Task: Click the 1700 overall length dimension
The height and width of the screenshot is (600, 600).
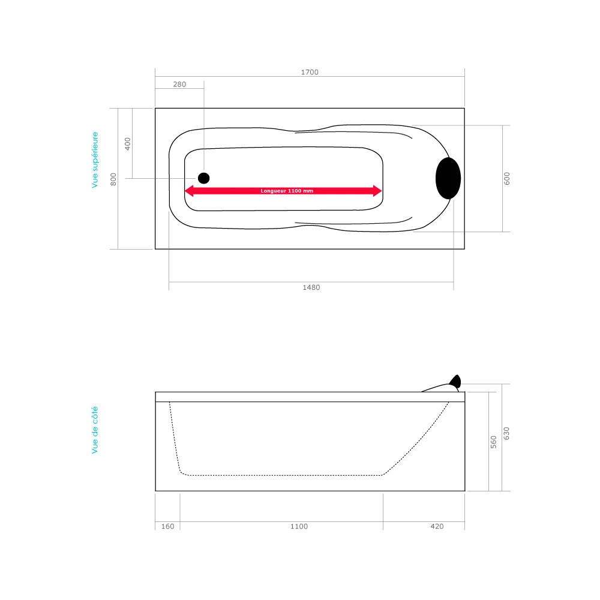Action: (310, 72)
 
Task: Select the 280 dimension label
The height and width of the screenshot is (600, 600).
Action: (179, 85)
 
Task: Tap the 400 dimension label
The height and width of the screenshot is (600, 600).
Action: (127, 143)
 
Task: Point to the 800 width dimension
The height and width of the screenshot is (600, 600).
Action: (113, 179)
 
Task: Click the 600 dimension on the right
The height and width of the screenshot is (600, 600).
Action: (506, 178)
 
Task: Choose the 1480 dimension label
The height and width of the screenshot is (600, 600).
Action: (311, 287)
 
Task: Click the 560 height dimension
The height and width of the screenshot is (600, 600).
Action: (494, 442)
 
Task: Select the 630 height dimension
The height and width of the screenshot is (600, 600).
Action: (506, 433)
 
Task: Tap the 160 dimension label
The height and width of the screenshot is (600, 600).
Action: (168, 527)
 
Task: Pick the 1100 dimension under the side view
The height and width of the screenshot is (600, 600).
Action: (299, 527)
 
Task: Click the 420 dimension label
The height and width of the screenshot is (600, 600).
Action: (437, 527)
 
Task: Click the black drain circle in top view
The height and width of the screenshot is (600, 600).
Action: (204, 178)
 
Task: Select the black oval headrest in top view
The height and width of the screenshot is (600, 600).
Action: (448, 178)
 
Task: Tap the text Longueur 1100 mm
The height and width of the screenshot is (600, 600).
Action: (287, 191)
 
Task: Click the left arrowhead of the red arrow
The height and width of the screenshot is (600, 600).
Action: (188, 191)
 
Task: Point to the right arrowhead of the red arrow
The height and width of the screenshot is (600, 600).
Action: (378, 191)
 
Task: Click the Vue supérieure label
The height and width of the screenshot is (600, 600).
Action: (95, 160)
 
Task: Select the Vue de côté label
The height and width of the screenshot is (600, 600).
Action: (95, 430)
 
